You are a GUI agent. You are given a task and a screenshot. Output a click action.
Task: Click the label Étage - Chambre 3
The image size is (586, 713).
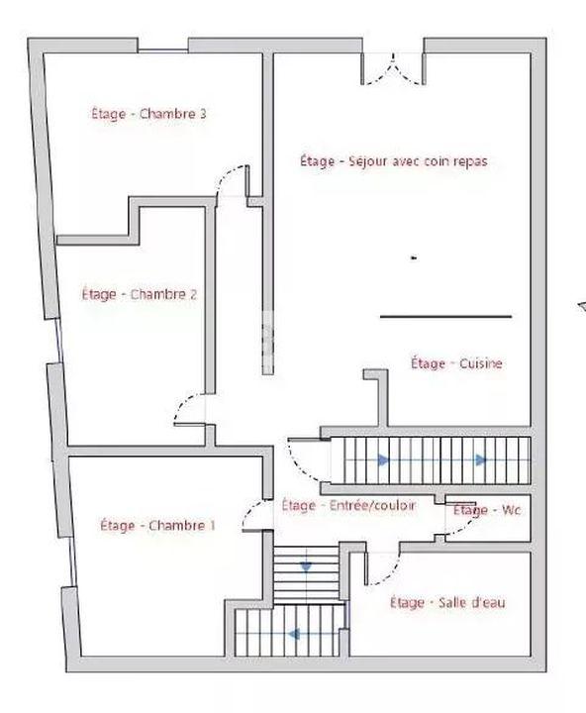click(x=148, y=114)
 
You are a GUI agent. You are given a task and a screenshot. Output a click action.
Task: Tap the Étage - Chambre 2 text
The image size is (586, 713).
click(x=139, y=294)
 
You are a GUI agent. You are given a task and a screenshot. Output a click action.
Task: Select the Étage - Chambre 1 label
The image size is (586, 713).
click(x=157, y=526)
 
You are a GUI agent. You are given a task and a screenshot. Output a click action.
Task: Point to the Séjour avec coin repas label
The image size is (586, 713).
click(x=394, y=160)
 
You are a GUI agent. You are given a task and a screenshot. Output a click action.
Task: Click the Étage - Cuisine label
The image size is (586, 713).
click(x=456, y=363)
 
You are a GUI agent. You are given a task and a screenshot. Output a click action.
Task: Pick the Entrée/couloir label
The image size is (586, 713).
click(x=347, y=505)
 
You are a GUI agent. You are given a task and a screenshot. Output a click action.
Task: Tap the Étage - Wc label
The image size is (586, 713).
click(x=486, y=510)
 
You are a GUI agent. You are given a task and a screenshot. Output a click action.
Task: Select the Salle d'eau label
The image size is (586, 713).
click(x=447, y=602)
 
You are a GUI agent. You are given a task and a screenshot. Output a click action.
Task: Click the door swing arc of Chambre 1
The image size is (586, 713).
click(x=253, y=510)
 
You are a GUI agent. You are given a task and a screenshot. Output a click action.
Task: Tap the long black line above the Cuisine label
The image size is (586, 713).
click(x=445, y=317)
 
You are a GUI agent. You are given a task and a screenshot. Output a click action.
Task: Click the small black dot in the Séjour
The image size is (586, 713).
click(x=414, y=257)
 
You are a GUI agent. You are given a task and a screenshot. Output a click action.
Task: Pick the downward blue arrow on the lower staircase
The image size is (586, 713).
click(x=305, y=566)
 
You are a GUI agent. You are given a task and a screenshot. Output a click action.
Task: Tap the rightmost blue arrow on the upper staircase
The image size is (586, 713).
click(x=481, y=460)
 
